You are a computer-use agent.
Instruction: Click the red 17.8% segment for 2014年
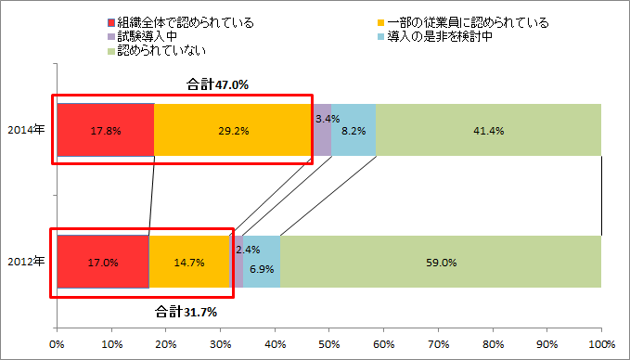[x=105, y=131]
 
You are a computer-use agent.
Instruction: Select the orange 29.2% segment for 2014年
[x=233, y=131]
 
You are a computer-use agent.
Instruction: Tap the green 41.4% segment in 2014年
[x=488, y=131]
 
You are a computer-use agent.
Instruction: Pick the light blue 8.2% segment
[x=354, y=131]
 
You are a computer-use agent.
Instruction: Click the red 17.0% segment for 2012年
[x=103, y=262]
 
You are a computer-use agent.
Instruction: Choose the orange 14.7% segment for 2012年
[x=189, y=262]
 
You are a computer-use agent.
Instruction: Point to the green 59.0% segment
[x=440, y=262]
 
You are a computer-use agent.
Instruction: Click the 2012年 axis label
[x=26, y=262]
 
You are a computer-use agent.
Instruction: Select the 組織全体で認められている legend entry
[x=180, y=21]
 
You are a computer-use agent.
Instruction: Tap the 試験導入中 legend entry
[x=148, y=35]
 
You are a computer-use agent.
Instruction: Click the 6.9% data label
[x=262, y=268]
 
